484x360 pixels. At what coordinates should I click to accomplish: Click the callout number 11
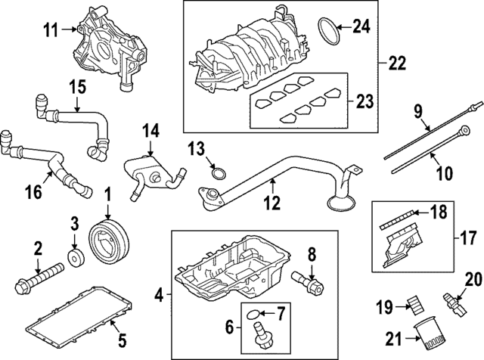pyautogui.click(x=50, y=30)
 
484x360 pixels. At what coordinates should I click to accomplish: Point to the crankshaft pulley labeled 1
pyautogui.click(x=107, y=240)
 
